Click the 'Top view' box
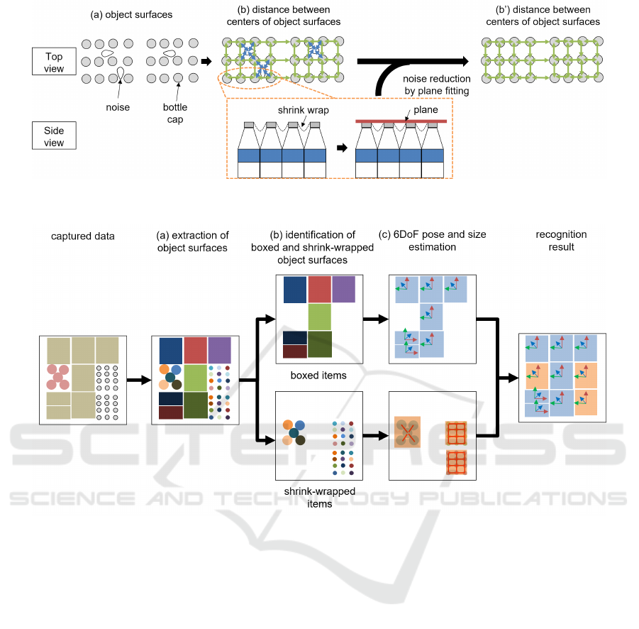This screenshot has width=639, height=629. tap(54, 62)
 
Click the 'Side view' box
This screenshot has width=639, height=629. tap(54, 136)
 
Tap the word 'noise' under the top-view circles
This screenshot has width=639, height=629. tap(118, 107)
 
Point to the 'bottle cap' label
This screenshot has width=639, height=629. tap(175, 113)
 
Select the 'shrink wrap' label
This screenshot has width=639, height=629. tap(304, 110)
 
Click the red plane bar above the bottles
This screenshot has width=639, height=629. tap(401, 121)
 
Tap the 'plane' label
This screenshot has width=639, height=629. tap(426, 110)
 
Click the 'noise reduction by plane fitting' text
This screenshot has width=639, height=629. tap(436, 84)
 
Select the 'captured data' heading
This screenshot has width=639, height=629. tap(83, 236)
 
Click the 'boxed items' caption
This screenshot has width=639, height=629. tap(318, 376)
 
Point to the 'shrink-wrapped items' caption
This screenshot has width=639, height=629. tap(319, 497)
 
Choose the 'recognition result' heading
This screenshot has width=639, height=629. tap(561, 241)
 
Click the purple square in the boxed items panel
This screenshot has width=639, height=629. tap(343, 289)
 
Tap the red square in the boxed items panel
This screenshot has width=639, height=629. tap(319, 289)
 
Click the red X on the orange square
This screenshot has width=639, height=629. tap(407, 432)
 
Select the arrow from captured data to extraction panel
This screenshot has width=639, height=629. tap(139, 381)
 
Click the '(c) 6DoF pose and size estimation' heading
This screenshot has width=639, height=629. tap(433, 241)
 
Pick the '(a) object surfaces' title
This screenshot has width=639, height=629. tap(131, 15)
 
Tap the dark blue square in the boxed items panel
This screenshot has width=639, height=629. tap(295, 290)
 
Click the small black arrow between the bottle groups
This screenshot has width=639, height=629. tap(342, 148)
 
